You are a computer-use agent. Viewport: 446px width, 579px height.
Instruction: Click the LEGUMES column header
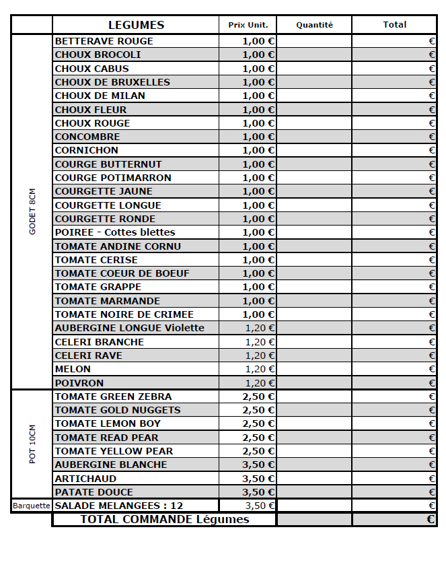point(136,25)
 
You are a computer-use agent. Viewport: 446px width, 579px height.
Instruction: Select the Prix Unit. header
point(248,25)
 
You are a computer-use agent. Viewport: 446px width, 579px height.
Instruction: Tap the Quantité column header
point(314,25)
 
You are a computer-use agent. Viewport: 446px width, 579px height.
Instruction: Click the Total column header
point(394,25)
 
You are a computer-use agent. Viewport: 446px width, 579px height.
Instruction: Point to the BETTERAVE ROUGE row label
point(104,41)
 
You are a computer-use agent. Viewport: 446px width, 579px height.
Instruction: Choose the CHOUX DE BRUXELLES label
point(112,82)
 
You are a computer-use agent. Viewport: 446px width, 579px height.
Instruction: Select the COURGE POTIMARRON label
point(113,178)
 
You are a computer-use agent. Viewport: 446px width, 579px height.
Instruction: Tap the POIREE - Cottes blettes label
point(115,232)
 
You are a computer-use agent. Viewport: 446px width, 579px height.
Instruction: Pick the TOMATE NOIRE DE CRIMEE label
point(124,314)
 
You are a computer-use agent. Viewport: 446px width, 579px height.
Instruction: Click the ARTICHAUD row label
point(85,479)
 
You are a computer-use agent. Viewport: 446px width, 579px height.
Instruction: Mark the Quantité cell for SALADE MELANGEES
point(314,506)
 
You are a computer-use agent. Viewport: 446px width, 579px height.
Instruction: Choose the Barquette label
point(32,506)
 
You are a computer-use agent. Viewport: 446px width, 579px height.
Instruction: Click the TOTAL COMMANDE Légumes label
point(165,520)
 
